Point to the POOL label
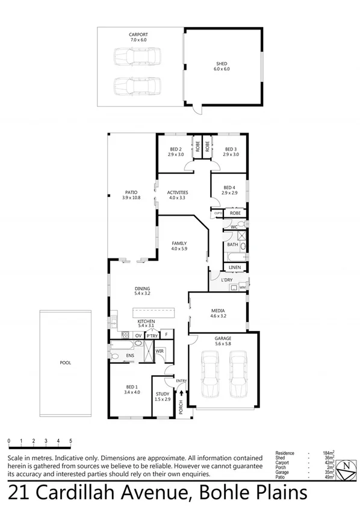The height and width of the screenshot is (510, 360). click(x=65, y=363)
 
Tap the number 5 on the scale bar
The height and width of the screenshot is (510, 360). click(x=71, y=441)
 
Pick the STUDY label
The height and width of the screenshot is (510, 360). click(x=163, y=394)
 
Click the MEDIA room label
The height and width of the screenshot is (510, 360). click(x=217, y=310)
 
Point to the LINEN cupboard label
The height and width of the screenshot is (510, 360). click(x=235, y=267)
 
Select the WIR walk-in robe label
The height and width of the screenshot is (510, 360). click(x=160, y=350)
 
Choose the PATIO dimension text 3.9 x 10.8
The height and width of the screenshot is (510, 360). click(x=131, y=197)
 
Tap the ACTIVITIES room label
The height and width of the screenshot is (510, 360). click(x=178, y=193)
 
